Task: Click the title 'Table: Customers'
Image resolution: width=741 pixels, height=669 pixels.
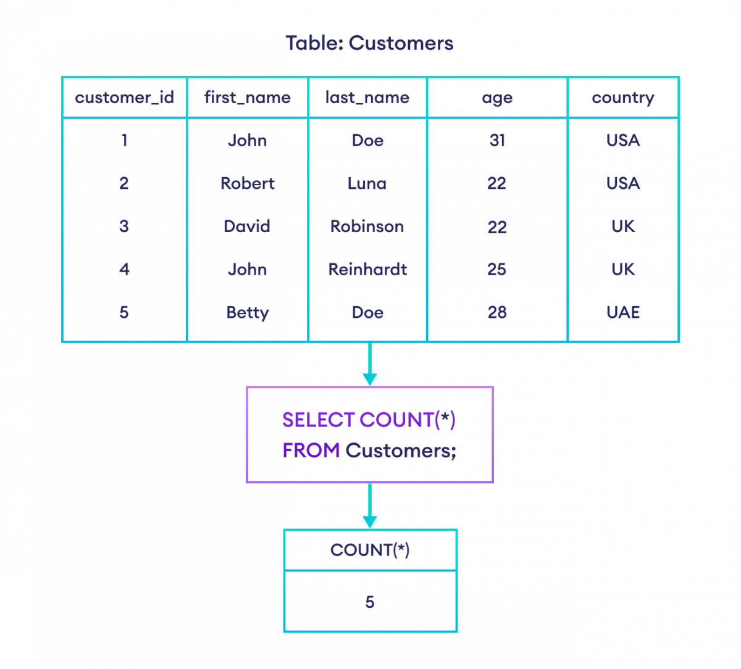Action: (x=369, y=43)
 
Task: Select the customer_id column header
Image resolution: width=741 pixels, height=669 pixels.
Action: (x=124, y=98)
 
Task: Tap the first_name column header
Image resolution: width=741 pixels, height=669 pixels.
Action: (x=247, y=98)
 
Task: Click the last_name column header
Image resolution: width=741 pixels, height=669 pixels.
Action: (x=367, y=98)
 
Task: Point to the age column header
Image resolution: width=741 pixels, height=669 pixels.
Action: (x=497, y=98)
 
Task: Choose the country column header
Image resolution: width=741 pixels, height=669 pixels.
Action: (x=622, y=98)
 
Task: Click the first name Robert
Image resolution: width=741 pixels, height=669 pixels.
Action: (x=247, y=183)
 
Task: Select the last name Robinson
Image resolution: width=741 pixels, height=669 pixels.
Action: (x=367, y=226)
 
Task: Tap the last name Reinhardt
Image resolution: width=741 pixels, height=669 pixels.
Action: (x=367, y=269)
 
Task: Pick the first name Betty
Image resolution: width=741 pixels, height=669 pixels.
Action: (x=247, y=312)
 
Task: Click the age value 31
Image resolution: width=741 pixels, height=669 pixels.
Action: (x=497, y=141)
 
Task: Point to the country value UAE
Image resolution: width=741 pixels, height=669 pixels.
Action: (x=622, y=312)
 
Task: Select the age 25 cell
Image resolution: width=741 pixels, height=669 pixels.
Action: (x=497, y=269)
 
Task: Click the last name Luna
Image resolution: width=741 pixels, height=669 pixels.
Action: (x=367, y=183)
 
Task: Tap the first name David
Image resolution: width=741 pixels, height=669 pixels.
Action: (x=247, y=226)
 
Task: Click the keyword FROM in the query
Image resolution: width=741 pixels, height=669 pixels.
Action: (x=311, y=451)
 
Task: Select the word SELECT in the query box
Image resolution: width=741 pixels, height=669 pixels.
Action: (x=318, y=420)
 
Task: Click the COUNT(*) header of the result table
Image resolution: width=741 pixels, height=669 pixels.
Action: (x=370, y=550)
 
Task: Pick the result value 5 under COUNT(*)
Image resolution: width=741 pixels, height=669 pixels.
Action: (x=370, y=602)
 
